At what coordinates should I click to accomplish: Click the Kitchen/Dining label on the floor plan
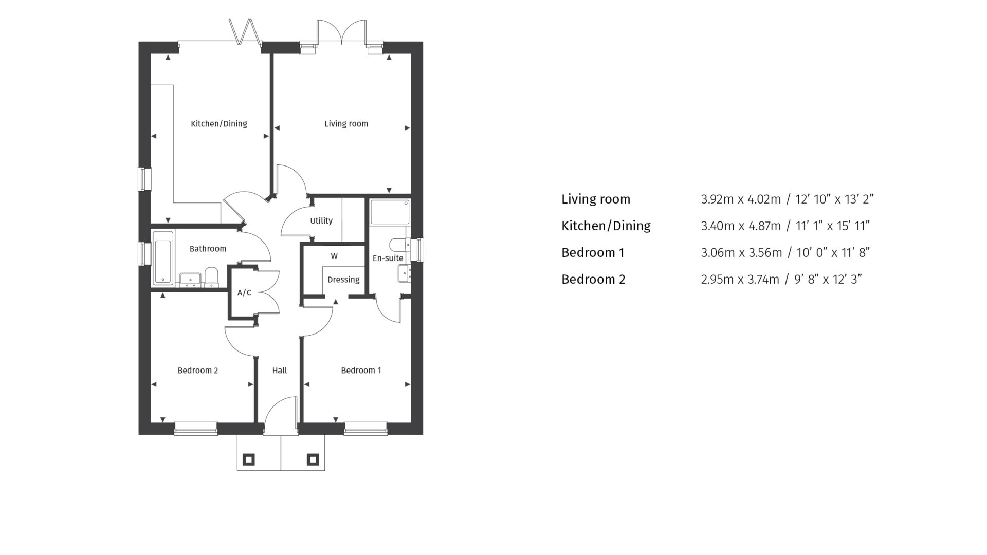tap(219, 124)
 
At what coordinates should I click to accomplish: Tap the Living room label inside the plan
tap(346, 124)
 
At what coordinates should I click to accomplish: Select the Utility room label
tap(321, 221)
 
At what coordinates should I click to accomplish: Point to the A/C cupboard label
tap(244, 293)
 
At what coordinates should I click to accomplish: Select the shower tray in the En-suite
tap(390, 212)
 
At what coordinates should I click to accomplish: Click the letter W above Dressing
tap(334, 256)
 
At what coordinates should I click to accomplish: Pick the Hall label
tap(280, 371)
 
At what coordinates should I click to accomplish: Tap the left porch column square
tap(248, 459)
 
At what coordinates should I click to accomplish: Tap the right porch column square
tap(313, 459)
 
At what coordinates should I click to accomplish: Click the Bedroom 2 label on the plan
tap(198, 371)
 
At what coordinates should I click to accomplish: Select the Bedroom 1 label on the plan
tap(361, 371)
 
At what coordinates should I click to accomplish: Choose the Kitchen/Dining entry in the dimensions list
tap(606, 226)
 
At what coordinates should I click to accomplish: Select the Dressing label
tap(343, 280)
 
